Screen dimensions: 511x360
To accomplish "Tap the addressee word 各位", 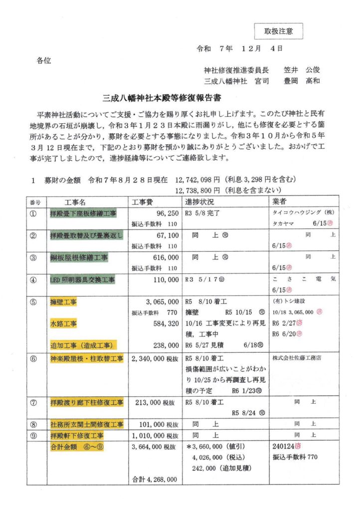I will pos(43,61).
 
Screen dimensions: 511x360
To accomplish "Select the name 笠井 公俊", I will pos(302,70).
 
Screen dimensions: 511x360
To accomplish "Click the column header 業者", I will pos(280,202).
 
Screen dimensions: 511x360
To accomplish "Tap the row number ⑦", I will pos(33,402).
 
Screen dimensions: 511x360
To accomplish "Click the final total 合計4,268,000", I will pos(155,479).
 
